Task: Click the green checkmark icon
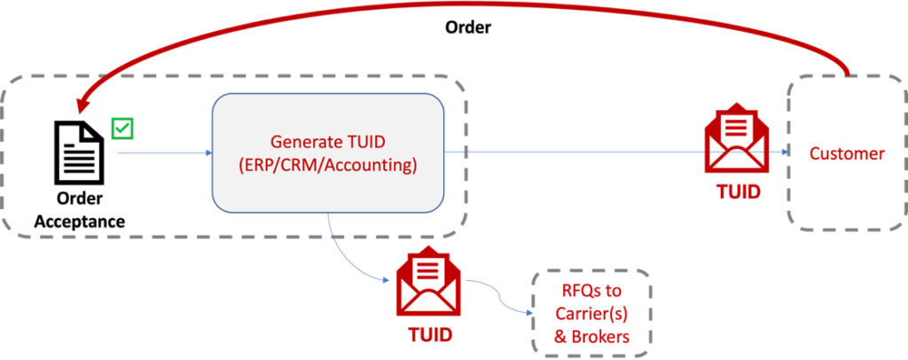click(x=121, y=128)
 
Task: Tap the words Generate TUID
click(x=327, y=142)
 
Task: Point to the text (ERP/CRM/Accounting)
click(x=327, y=165)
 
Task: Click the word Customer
click(x=846, y=153)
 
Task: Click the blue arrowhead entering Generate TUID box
click(x=207, y=153)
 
